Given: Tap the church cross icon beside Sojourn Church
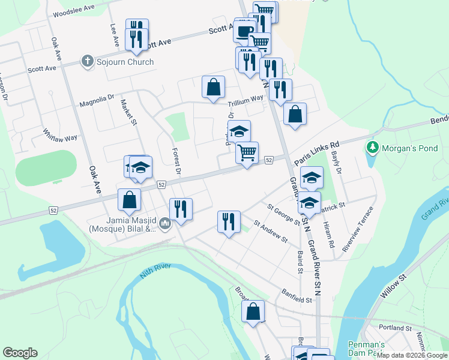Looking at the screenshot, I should tap(87, 62).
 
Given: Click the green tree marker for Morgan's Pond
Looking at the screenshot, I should tap(373, 147).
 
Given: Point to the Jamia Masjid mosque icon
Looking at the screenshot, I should tap(166, 225).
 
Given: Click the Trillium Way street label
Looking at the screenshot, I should tap(244, 99).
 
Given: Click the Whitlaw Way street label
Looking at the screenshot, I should tap(60, 134).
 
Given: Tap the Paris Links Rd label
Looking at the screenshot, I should tap(317, 154).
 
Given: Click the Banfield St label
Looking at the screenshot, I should tap(298, 296).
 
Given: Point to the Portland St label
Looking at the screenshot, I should tap(395, 328).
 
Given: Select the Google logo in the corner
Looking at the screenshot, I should tap(20, 353).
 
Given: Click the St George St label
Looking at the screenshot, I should tap(284, 215).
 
